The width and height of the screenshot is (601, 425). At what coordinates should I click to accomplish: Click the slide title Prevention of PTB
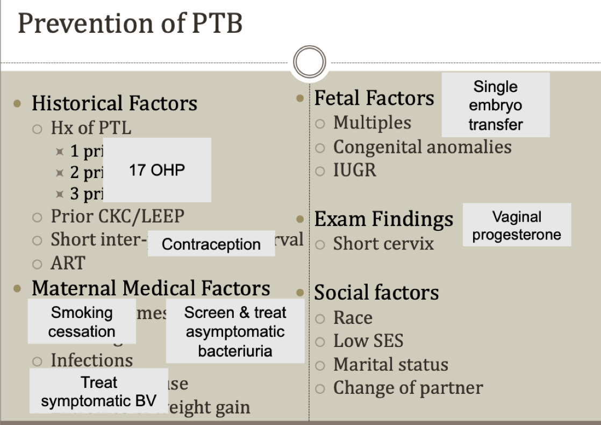tap(130, 24)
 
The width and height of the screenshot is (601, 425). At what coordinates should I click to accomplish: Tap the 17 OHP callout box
tap(157, 170)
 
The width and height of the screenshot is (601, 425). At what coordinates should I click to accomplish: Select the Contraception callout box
tap(211, 244)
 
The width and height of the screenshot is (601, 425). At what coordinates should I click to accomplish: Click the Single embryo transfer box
tap(496, 105)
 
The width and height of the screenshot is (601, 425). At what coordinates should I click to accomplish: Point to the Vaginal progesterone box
tap(517, 225)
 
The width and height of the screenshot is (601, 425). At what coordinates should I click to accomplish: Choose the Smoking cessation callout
tap(82, 322)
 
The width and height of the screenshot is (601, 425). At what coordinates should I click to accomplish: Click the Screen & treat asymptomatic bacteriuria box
tap(235, 331)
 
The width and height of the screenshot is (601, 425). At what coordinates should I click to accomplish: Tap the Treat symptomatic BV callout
tap(99, 391)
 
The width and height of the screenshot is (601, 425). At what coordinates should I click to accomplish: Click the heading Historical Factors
tap(115, 103)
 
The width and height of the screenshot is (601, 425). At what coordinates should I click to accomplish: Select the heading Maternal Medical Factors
tap(151, 288)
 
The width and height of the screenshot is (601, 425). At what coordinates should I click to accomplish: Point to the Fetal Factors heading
tap(374, 98)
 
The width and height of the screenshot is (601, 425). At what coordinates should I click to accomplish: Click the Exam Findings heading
tap(384, 219)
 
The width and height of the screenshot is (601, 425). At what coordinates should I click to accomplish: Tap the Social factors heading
tap(376, 293)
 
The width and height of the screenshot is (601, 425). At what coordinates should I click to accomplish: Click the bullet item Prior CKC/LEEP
tap(117, 216)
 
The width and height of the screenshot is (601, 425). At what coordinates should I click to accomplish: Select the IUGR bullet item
tap(355, 171)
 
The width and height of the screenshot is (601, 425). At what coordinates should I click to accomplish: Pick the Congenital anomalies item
tap(422, 147)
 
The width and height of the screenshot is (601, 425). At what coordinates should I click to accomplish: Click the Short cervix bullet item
tap(383, 244)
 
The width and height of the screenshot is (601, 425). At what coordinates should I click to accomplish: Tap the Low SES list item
tap(368, 341)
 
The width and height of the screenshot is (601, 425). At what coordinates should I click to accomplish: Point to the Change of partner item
tap(408, 388)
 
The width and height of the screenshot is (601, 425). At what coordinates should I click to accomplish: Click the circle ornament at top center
tap(310, 63)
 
